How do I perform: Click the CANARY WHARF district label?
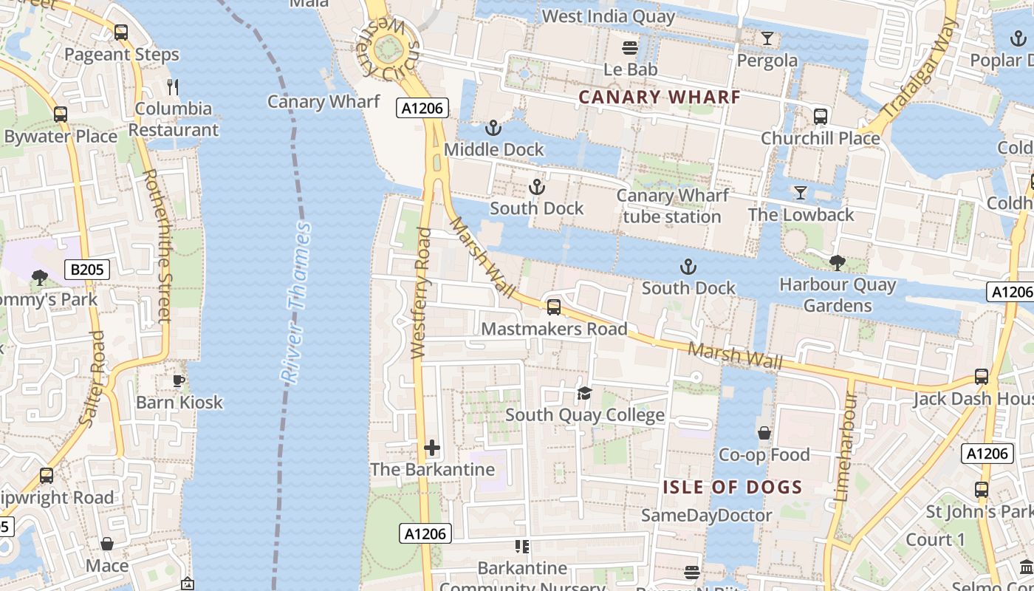[x=659, y=97]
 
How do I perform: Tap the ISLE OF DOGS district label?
[x=732, y=487]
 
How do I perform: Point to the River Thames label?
[x=297, y=303]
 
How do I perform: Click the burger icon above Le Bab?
[x=630, y=48]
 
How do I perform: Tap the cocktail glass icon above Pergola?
[x=767, y=38]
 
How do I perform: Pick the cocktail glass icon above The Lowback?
[x=800, y=193]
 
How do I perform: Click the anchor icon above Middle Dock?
[x=493, y=129]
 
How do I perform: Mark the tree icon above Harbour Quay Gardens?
[x=837, y=262]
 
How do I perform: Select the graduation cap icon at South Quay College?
[x=584, y=393]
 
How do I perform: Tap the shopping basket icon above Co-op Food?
[x=764, y=433]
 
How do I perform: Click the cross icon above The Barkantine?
[x=432, y=448]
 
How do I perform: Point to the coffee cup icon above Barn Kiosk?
[x=178, y=380]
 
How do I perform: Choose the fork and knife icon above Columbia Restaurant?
[x=174, y=86]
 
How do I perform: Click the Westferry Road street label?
[x=421, y=294]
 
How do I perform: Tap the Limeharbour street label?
[x=845, y=447]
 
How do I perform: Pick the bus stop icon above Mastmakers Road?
[x=553, y=307]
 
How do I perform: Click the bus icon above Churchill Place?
[x=820, y=116]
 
